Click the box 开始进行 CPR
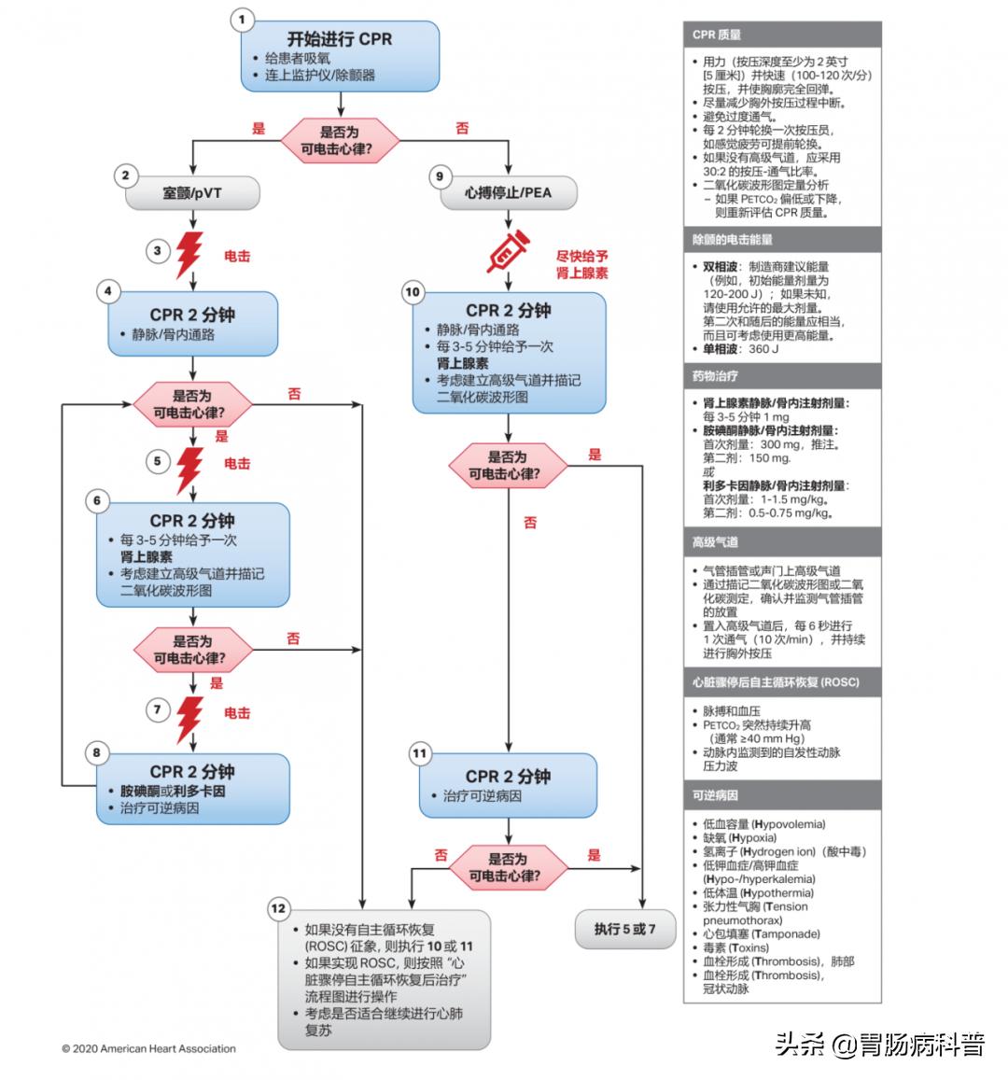point(340,57)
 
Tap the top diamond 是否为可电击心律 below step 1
point(340,141)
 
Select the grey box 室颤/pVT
point(192,193)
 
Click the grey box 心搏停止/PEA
point(508,193)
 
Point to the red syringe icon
point(508,250)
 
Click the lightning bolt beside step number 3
point(190,252)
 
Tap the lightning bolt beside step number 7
point(190,714)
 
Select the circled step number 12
point(278,907)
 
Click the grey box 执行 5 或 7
point(624,929)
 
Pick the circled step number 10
point(413,292)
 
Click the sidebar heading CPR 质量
point(717,35)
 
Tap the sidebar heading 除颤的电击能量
point(733,240)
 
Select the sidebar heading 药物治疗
point(715,376)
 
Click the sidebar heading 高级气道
point(715,541)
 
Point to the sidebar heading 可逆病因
point(715,795)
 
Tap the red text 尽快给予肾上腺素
point(581,264)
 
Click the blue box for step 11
point(508,785)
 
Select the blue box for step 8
point(192,789)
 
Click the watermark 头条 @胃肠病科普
point(879,1045)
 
